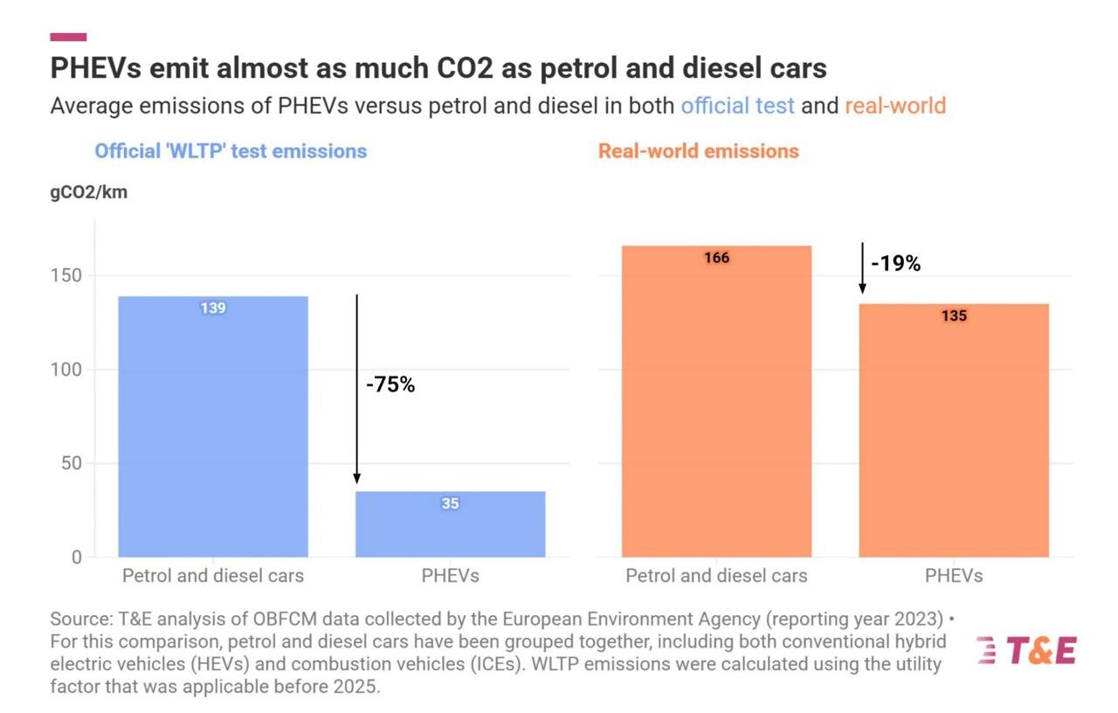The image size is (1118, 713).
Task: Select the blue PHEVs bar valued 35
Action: (450, 524)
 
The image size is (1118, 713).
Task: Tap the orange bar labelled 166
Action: (716, 401)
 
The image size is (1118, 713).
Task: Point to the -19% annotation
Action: (895, 263)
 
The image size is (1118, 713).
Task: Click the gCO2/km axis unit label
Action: (88, 192)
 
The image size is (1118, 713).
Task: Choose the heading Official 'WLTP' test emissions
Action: (231, 151)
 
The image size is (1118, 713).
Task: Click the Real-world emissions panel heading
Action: (698, 151)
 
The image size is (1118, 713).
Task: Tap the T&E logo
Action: (1027, 651)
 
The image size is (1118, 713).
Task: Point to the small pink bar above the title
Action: (68, 37)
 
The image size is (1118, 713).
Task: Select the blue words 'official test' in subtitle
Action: (737, 107)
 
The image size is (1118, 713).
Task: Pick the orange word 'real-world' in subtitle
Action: (895, 107)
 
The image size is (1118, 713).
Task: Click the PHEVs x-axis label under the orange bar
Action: (954, 576)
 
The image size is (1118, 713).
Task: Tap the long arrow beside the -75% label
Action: (356, 389)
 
